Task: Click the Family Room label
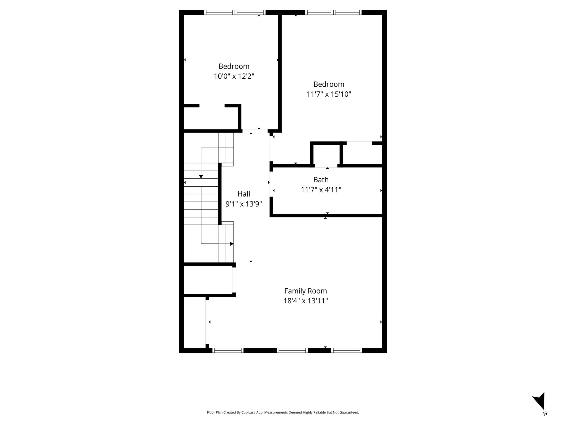[x=305, y=291]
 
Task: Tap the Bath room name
[x=321, y=180]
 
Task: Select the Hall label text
[x=243, y=194]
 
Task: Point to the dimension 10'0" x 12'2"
[x=234, y=76]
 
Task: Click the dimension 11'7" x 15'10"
[x=329, y=94]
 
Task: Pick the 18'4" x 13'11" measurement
[x=305, y=301]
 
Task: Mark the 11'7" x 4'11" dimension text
[x=321, y=190]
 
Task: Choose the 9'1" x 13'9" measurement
[x=243, y=204]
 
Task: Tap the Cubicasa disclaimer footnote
[x=283, y=412]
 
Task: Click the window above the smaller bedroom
[x=235, y=12]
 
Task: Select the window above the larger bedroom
[x=333, y=12]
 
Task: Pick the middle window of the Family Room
[x=292, y=350]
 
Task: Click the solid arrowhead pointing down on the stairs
[x=201, y=177]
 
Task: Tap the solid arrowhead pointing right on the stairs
[x=232, y=244]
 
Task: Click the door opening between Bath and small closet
[x=326, y=166]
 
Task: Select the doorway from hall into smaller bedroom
[x=255, y=129]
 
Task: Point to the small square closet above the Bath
[x=326, y=154]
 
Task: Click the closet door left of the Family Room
[x=234, y=280]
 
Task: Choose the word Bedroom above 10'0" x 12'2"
[x=234, y=66]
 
